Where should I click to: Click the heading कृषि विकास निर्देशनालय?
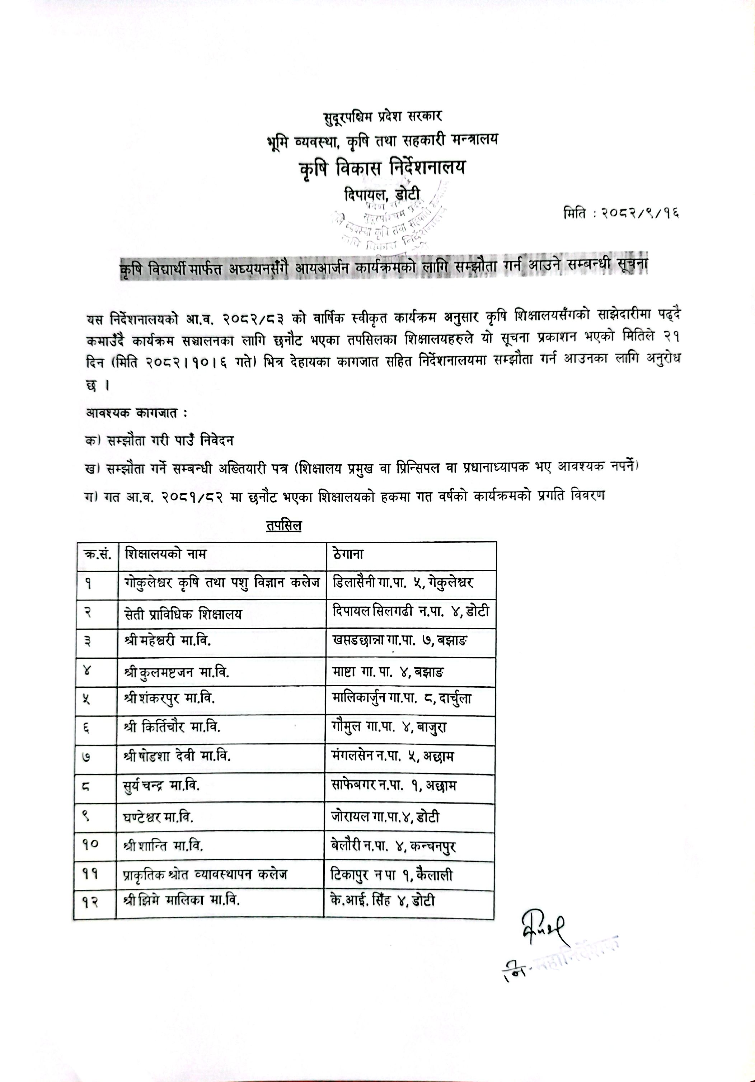click(382, 168)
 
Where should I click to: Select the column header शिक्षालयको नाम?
click(166, 553)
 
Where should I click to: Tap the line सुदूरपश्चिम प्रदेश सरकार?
click(382, 116)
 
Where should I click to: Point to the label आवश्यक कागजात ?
click(136, 413)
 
